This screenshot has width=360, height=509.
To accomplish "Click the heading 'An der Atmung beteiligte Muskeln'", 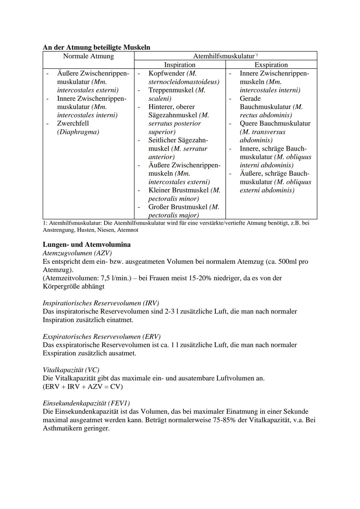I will (96, 47).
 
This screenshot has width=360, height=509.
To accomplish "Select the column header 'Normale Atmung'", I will (88, 56).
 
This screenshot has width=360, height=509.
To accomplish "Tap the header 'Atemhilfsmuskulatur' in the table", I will (224, 56).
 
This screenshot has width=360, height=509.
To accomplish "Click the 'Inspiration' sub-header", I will (180, 65).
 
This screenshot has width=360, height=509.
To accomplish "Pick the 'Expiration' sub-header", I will (271, 65).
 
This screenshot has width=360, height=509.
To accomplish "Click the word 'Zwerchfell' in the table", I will (73, 123).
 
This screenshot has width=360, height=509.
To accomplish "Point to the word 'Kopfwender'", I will (166, 73).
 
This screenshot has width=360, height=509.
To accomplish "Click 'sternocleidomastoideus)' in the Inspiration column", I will (184, 82).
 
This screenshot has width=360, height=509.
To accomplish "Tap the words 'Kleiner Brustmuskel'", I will (178, 190).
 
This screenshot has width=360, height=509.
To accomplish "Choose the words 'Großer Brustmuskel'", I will (178, 207).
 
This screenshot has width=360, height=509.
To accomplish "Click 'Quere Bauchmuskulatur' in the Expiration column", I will (275, 123).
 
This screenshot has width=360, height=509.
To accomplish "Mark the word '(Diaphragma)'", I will (78, 132).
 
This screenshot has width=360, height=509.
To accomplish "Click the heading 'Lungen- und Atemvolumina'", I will (87, 244).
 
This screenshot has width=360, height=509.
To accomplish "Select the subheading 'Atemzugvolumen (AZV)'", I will (77, 253).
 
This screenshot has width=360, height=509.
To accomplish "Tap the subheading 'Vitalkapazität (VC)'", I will (71, 370).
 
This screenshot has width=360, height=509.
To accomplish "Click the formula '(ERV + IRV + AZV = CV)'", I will (83, 387).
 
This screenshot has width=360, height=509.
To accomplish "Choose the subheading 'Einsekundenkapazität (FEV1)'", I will (86, 403).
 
